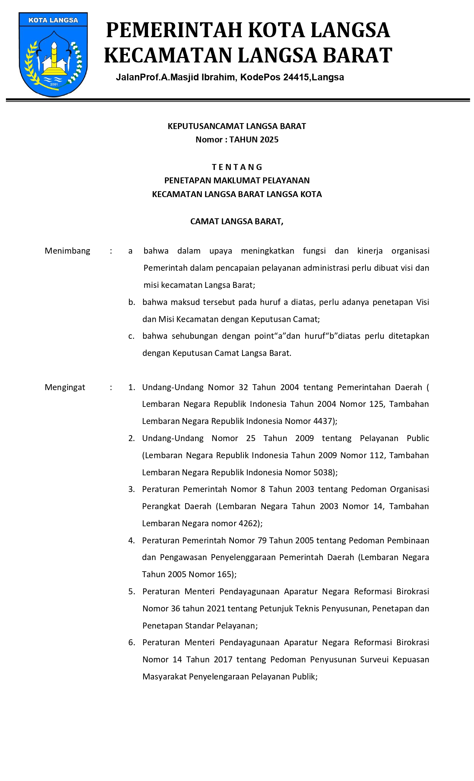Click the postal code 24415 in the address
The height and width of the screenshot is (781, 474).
[x=296, y=77]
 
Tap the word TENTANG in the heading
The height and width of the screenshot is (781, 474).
[x=237, y=167]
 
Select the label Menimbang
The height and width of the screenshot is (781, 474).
[x=67, y=251]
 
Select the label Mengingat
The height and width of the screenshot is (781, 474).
[x=65, y=388]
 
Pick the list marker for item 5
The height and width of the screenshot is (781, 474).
[x=132, y=592]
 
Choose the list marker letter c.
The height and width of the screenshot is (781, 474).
[x=131, y=337]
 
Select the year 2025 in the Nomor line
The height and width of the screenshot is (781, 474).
[x=269, y=140]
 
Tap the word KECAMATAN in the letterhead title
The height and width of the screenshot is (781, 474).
[x=168, y=55]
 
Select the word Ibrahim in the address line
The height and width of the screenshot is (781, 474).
[x=218, y=77]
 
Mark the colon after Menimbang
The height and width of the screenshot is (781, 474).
[x=111, y=251]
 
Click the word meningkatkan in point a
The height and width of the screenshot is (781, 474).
[x=267, y=251]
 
